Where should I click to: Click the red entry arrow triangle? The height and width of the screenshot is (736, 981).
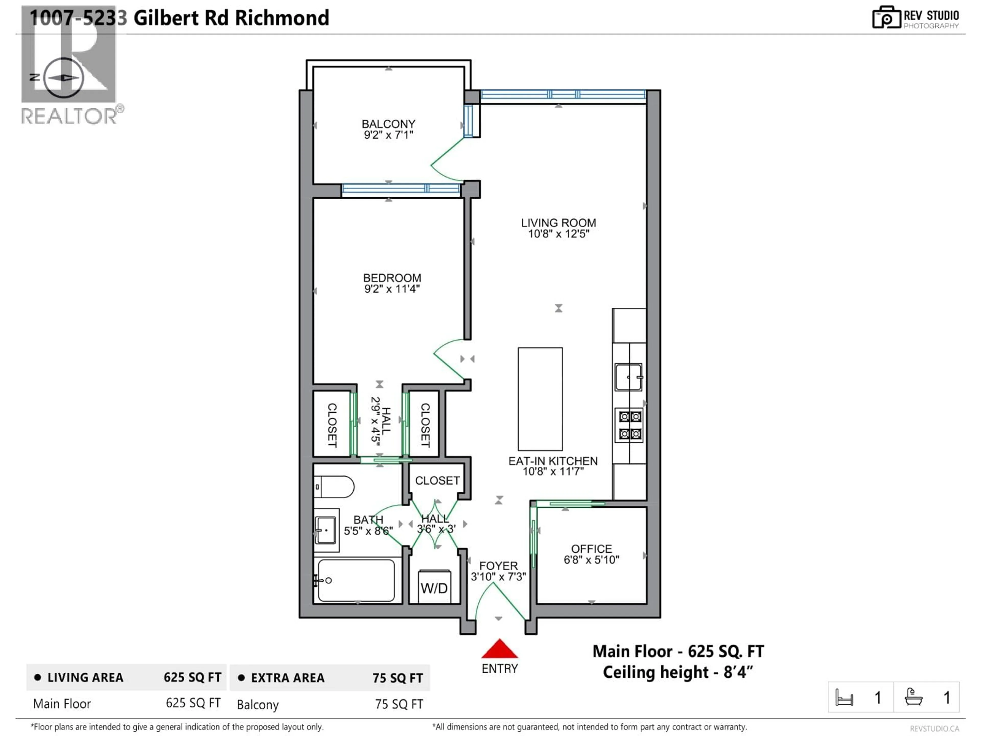point(499,649)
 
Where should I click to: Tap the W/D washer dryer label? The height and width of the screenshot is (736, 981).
point(434,588)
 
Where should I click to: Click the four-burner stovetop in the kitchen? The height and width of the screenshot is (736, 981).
point(630,425)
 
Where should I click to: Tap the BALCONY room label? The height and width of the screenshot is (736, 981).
point(389,124)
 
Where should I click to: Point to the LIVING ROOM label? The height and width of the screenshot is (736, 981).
point(558,223)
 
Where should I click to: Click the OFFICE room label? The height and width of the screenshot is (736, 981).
point(591,549)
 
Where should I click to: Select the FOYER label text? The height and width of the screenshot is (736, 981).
point(498,566)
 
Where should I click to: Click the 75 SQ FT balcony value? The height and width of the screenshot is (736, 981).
point(399,705)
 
